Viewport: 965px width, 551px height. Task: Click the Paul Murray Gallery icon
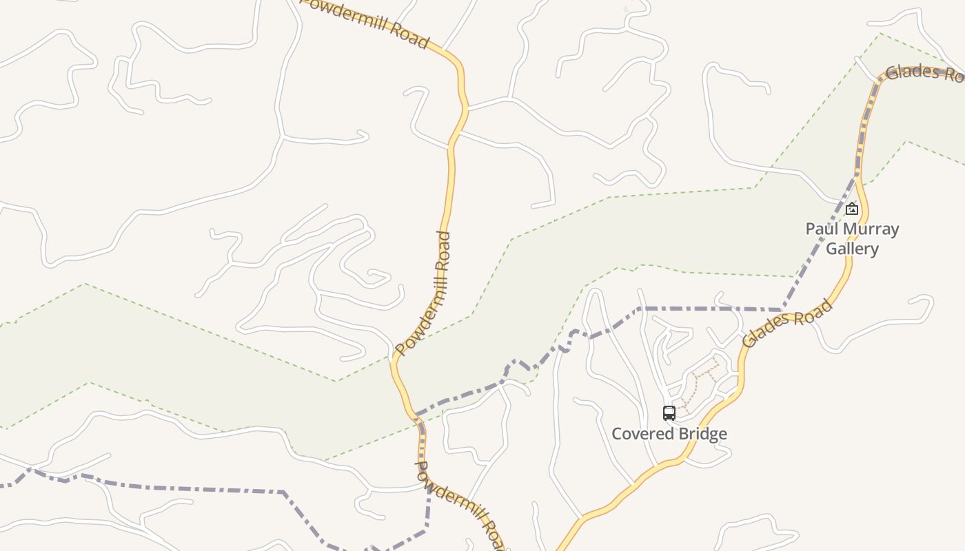(852, 209)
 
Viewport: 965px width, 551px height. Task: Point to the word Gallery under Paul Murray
(853, 248)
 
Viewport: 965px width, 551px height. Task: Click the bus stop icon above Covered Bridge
(669, 413)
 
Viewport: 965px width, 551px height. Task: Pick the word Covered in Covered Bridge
(641, 434)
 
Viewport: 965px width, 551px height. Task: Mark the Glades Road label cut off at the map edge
(924, 73)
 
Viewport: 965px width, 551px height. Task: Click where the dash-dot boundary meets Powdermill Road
(416, 415)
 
